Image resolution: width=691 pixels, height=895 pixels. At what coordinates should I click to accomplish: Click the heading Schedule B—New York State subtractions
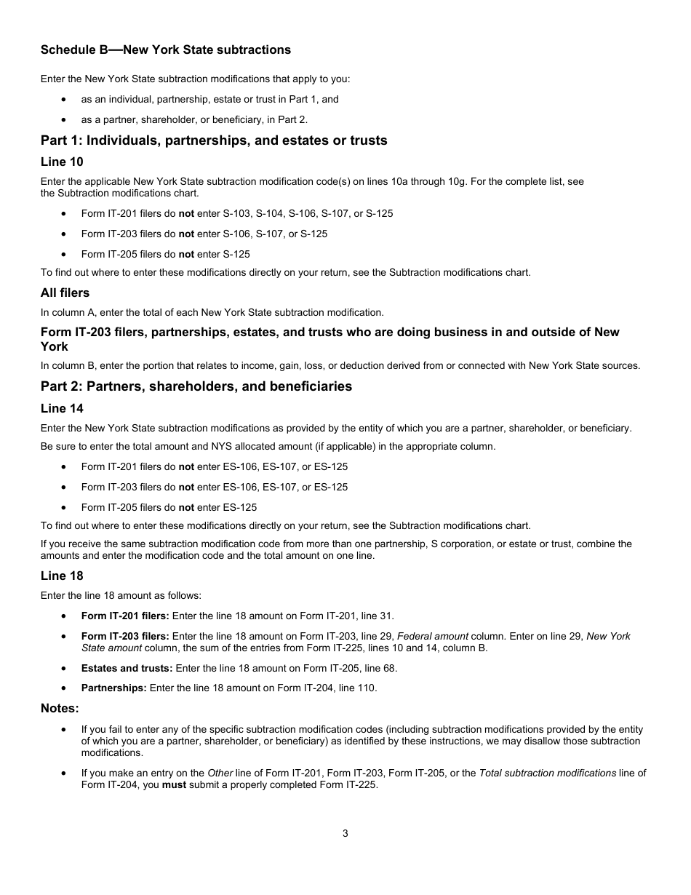click(x=166, y=50)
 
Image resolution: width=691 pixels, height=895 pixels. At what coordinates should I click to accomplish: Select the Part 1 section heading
click(x=214, y=140)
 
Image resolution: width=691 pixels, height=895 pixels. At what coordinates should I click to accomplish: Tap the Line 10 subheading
click(x=62, y=162)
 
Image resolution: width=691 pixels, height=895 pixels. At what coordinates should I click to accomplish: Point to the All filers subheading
click(x=65, y=293)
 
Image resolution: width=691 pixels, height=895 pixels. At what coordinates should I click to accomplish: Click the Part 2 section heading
click(x=196, y=386)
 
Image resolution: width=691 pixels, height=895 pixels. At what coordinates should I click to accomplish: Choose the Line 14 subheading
click(x=62, y=408)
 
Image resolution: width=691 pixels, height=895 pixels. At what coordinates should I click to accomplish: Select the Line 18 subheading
click(x=62, y=576)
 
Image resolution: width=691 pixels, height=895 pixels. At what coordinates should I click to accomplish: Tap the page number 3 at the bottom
click(x=345, y=834)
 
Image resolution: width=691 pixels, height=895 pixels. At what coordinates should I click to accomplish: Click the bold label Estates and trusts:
click(x=127, y=668)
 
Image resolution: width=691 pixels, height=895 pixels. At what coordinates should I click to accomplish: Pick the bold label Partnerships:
click(x=113, y=688)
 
